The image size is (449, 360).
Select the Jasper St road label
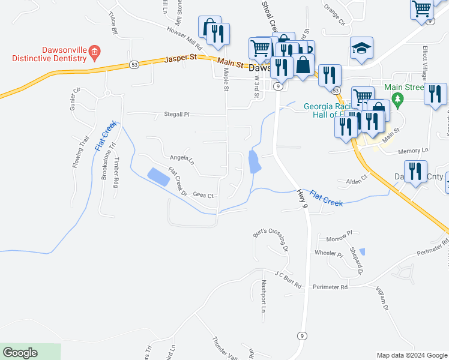(x=181, y=60)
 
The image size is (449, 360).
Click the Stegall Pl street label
(x=177, y=114)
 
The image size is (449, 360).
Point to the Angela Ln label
(x=182, y=158)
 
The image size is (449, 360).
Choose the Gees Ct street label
(x=203, y=196)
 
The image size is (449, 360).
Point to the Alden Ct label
(x=356, y=181)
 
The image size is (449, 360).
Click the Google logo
(x=20, y=353)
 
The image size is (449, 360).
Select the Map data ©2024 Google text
(x=412, y=355)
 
